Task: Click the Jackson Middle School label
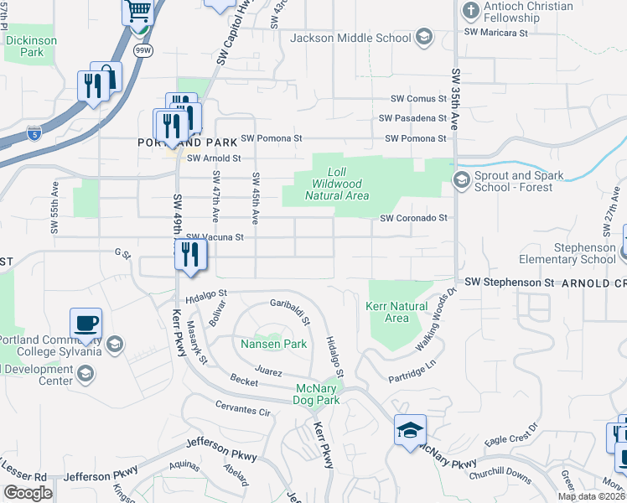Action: [x=350, y=38]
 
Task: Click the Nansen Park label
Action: [x=273, y=344]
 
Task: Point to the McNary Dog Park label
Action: [x=318, y=394]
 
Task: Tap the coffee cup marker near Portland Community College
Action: [x=86, y=324]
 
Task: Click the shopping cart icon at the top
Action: [x=138, y=12]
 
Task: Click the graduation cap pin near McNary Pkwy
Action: [x=410, y=431]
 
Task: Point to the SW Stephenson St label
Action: [x=510, y=283]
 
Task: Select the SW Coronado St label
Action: [x=414, y=218]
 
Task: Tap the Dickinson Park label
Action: [x=31, y=46]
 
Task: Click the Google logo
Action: [x=28, y=493]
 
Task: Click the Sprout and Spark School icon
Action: [x=461, y=180]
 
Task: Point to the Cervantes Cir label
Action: [x=243, y=412]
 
